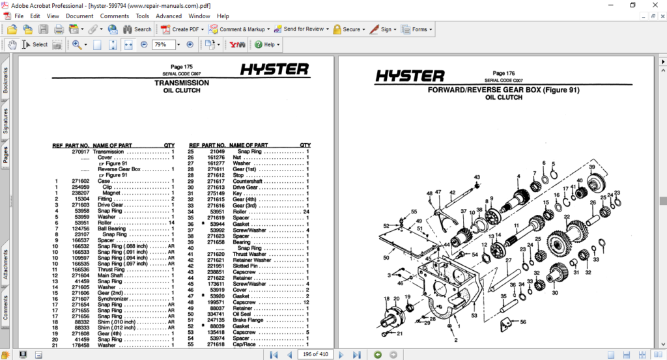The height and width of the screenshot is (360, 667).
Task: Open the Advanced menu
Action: (169, 16)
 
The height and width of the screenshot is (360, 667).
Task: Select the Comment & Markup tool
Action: (238, 29)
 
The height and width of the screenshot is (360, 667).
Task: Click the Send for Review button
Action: (299, 29)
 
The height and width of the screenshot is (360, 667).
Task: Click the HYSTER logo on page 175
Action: (274, 70)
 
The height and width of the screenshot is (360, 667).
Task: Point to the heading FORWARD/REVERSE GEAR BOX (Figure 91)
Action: (504, 90)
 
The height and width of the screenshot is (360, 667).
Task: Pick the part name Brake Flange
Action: (246, 320)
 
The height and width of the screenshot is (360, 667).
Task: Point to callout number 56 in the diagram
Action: (522, 322)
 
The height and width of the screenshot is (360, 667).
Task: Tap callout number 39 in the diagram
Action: (592, 167)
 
